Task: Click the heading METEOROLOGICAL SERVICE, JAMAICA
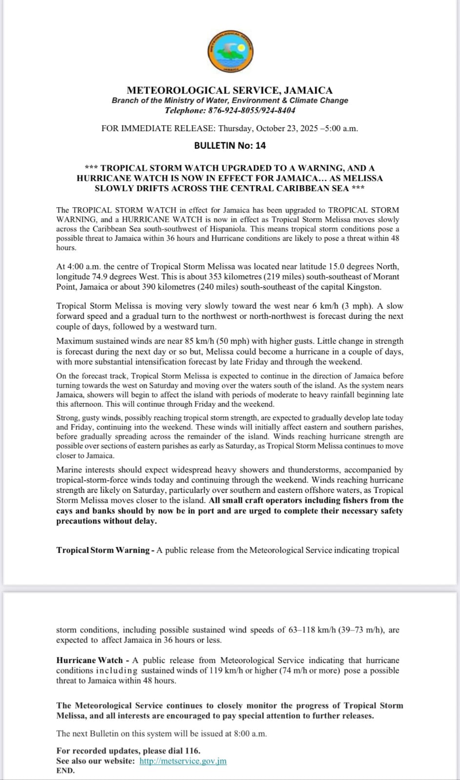coord(230,90)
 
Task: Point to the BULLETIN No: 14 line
coord(230,145)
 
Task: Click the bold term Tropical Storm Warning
coord(103,550)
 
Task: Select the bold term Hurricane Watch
coord(89,660)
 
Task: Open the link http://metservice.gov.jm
coord(183,761)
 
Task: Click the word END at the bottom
coord(65,771)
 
